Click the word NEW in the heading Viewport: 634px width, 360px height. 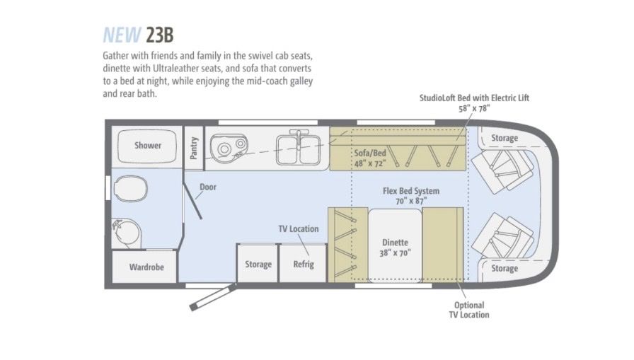click(122, 35)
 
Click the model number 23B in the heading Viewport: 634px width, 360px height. click(160, 35)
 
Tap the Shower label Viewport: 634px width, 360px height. click(148, 146)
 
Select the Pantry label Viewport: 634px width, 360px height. click(194, 148)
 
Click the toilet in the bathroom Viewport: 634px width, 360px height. click(130, 189)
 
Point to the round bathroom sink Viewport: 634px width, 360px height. click(127, 233)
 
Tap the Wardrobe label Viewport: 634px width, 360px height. click(146, 267)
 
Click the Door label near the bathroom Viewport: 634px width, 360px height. click(208, 187)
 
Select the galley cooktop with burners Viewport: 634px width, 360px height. click(229, 149)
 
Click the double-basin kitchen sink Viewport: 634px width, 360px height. click(299, 149)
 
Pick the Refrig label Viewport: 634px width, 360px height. click(304, 265)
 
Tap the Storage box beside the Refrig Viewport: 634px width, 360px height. click(258, 263)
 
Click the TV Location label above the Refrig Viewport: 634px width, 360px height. click(299, 228)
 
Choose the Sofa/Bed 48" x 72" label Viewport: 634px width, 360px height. click(370, 158)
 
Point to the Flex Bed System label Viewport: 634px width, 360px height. click(411, 195)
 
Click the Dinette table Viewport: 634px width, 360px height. click(395, 245)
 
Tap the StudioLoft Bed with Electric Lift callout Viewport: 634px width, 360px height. click(474, 103)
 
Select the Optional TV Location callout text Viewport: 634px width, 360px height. click(469, 310)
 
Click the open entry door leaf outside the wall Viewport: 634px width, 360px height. click(213, 297)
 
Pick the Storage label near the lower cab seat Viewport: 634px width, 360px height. click(505, 268)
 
